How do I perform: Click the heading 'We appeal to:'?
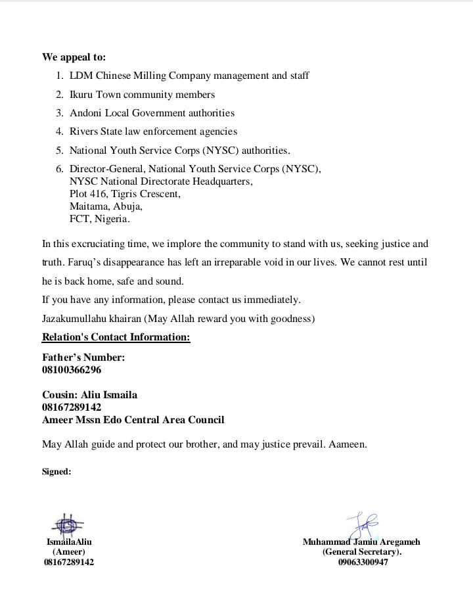pyautogui.click(x=74, y=57)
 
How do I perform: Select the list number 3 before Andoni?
pyautogui.click(x=59, y=113)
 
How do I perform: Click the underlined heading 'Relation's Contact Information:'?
pyautogui.click(x=116, y=337)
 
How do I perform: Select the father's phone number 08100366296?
pyautogui.click(x=72, y=370)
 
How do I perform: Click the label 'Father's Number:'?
pyautogui.click(x=83, y=358)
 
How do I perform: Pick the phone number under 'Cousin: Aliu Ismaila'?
pyautogui.click(x=72, y=407)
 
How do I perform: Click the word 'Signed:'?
pyautogui.click(x=56, y=471)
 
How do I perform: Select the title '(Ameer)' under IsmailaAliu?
pyautogui.click(x=69, y=552)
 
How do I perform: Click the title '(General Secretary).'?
pyautogui.click(x=362, y=552)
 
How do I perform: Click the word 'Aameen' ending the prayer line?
pyautogui.click(x=346, y=444)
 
